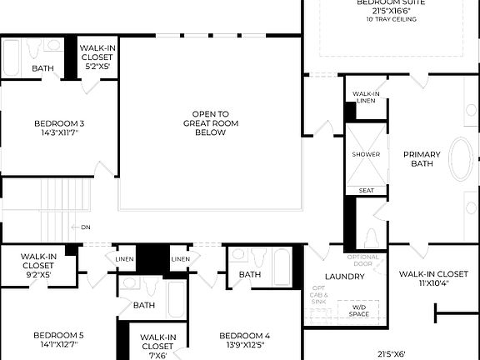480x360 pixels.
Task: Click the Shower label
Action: tap(366, 154)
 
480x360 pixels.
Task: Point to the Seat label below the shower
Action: tap(366, 190)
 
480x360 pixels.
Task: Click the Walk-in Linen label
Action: tap(366, 97)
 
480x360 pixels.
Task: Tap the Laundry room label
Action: tap(344, 277)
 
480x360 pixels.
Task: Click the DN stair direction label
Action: tap(85, 227)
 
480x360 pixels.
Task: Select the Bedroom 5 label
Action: tap(58, 335)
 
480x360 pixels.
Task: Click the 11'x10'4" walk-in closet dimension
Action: tap(432, 284)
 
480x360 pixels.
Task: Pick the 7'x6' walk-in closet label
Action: tap(158, 355)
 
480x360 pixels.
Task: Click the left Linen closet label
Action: tap(122, 259)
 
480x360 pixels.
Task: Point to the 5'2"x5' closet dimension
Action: tap(97, 66)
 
